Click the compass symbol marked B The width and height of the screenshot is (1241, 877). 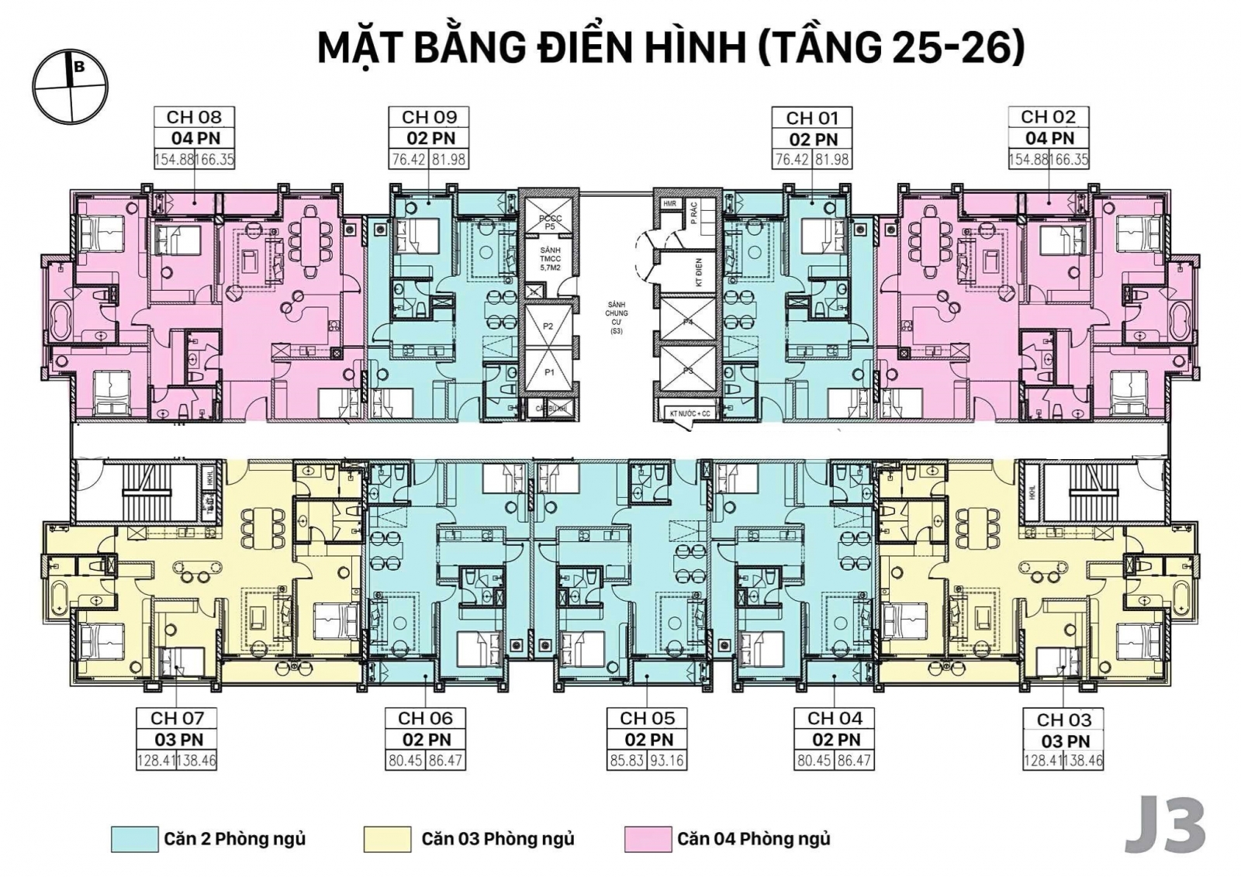pyautogui.click(x=70, y=86)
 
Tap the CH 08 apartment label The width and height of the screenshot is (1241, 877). pyautogui.click(x=194, y=117)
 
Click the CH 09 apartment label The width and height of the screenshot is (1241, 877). pyautogui.click(x=429, y=117)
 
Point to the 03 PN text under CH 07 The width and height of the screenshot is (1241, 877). pyautogui.click(x=178, y=740)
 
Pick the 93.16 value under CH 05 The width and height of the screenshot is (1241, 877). pyautogui.click(x=666, y=761)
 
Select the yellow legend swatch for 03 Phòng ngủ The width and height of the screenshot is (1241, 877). pyautogui.click(x=386, y=839)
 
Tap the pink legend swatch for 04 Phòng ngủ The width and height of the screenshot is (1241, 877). pyautogui.click(x=647, y=839)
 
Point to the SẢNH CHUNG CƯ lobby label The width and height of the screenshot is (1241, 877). pyautogui.click(x=617, y=317)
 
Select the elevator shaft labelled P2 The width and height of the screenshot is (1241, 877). pyautogui.click(x=548, y=326)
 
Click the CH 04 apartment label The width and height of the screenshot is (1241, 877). pyautogui.click(x=835, y=718)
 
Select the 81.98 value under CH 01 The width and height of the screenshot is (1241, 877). pyautogui.click(x=832, y=160)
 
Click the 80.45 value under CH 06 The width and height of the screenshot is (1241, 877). pyautogui.click(x=406, y=761)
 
